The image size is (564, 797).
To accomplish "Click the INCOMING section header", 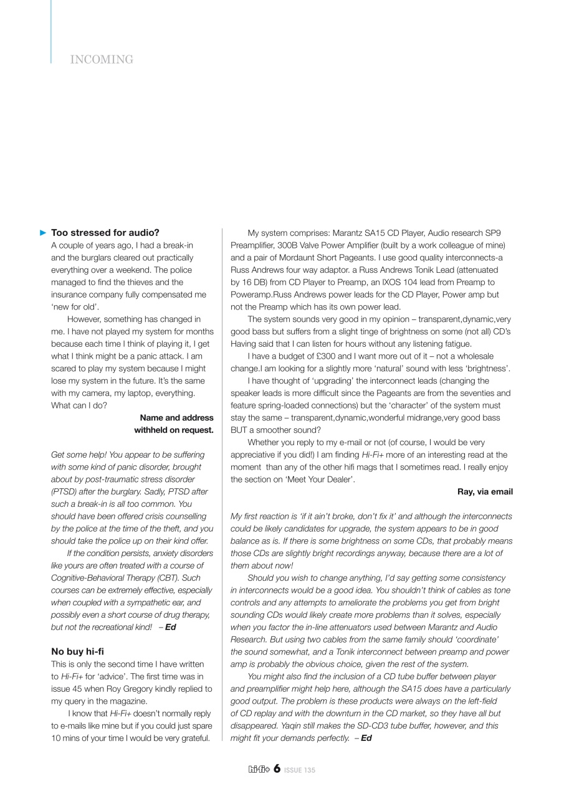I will (x=102, y=60).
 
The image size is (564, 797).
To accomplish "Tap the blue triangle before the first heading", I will (x=43, y=233).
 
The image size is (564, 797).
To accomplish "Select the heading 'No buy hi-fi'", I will (x=77, y=652).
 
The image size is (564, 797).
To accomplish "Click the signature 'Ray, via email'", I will (x=485, y=492).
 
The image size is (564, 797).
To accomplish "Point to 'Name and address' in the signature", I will (x=176, y=418).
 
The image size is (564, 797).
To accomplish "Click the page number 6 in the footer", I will (x=276, y=770).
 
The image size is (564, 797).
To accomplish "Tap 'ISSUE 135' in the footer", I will (x=300, y=771).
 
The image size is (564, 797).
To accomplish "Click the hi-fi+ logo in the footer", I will (x=258, y=770).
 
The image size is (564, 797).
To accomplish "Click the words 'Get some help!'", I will (x=77, y=455).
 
